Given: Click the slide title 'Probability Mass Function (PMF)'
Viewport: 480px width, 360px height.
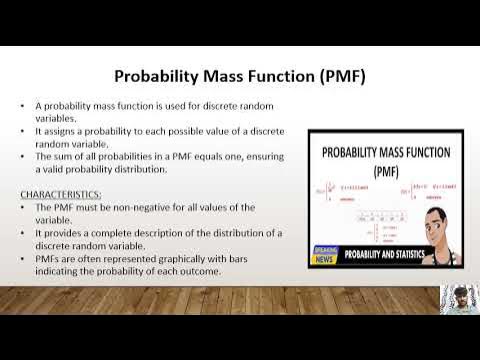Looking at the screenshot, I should click(x=239, y=76).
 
